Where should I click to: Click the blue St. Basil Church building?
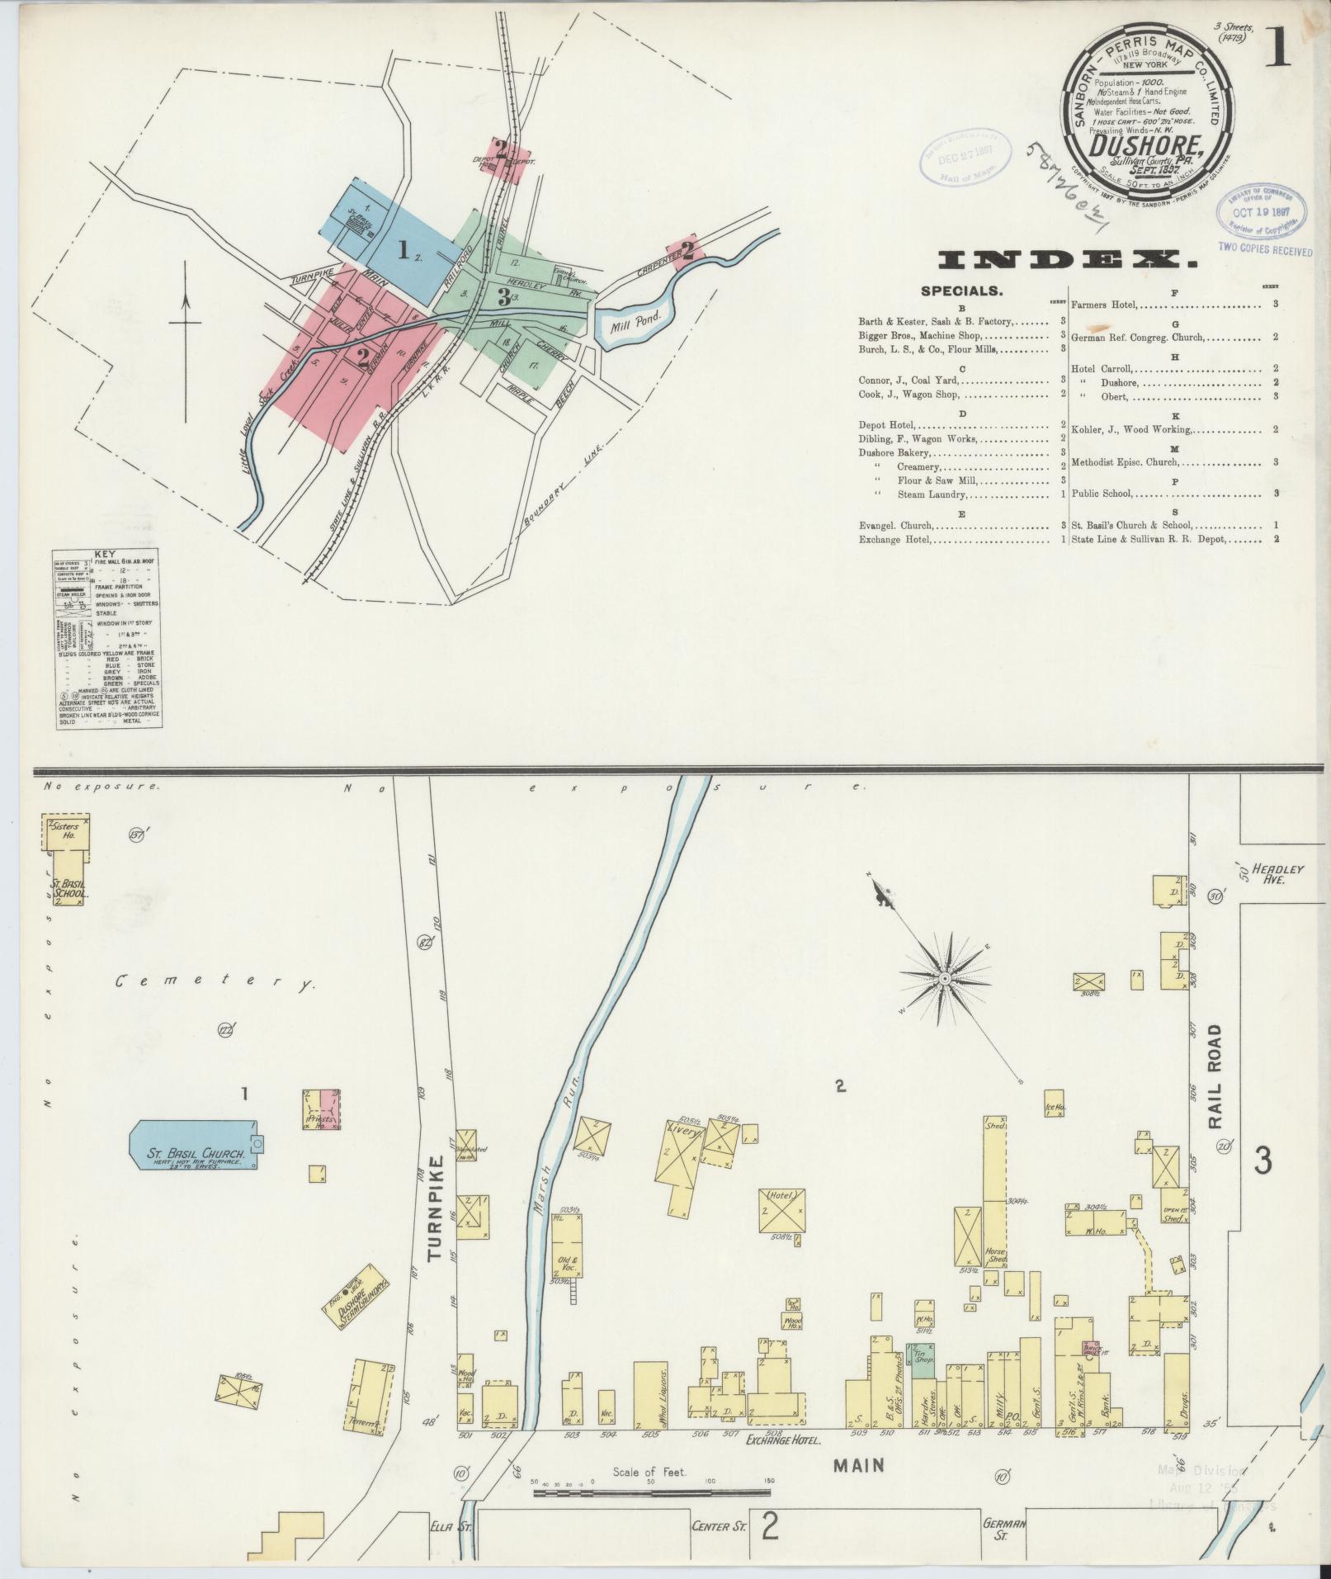tap(193, 1145)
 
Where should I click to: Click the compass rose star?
tap(944, 977)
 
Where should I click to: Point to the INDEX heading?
tap(1068, 262)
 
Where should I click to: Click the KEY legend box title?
tap(105, 554)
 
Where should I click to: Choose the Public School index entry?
tap(1102, 494)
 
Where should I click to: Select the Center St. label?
tap(719, 1526)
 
